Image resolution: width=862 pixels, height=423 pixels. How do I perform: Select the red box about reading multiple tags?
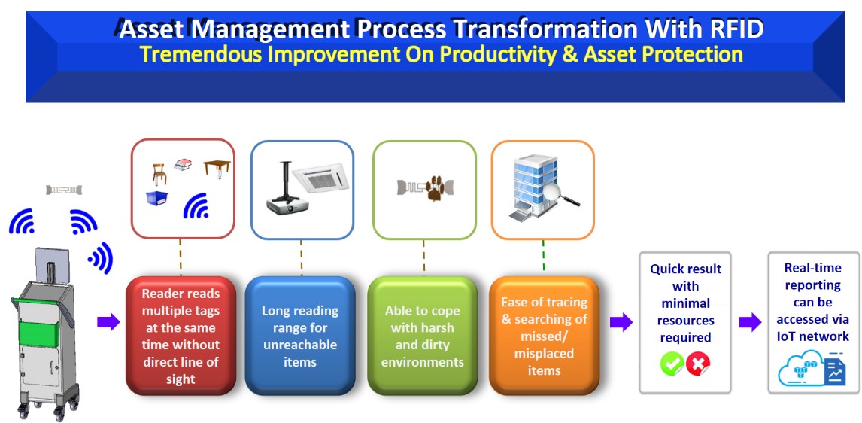pos(181,336)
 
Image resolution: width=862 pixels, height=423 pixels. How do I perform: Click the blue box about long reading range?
pos(299,336)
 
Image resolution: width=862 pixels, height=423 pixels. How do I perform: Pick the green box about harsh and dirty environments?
pos(422,336)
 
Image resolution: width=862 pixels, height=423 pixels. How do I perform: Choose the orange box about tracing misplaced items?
pos(543,336)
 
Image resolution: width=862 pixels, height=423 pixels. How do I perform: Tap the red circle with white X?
pos(698,364)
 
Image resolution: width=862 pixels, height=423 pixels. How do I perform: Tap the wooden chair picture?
pos(159,173)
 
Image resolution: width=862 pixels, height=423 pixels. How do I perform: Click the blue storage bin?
pos(157,198)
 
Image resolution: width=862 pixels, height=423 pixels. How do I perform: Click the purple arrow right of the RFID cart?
pos(108,322)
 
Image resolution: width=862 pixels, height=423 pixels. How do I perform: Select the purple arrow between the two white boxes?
pos(750,322)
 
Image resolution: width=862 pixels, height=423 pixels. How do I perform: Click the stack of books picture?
pos(183,164)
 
